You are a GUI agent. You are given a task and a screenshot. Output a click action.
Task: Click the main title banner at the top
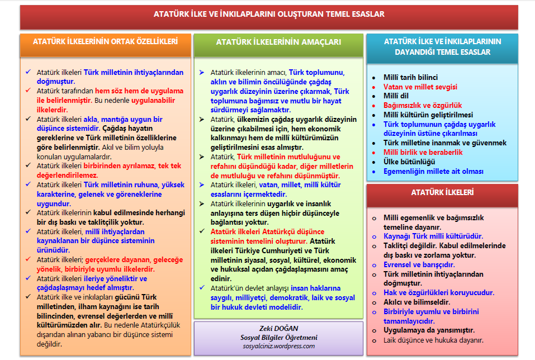269,15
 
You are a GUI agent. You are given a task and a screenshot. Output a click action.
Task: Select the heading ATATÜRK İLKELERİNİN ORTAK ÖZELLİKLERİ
105,41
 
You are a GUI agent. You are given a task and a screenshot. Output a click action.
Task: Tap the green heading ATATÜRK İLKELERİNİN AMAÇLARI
278,42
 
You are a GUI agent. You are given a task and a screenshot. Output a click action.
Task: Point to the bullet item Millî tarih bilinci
410,78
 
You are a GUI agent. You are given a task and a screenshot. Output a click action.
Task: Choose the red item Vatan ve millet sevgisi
420,87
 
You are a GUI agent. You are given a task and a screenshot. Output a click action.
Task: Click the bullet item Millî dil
396,96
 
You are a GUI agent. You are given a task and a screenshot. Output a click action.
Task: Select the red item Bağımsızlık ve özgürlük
423,105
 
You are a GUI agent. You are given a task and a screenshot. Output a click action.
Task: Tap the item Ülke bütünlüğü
409,162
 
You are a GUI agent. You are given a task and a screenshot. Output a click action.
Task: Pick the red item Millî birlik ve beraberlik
423,152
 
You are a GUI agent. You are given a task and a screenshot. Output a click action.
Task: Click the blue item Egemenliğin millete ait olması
433,172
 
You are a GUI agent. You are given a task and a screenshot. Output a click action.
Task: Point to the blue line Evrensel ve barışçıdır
419,264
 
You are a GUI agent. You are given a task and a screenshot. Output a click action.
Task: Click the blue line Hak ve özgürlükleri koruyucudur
439,292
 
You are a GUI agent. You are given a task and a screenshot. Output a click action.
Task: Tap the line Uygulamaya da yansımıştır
429,330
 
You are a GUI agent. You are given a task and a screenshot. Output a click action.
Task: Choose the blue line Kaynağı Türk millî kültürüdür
433,236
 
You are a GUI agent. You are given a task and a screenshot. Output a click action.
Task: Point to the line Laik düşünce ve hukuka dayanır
433,340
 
